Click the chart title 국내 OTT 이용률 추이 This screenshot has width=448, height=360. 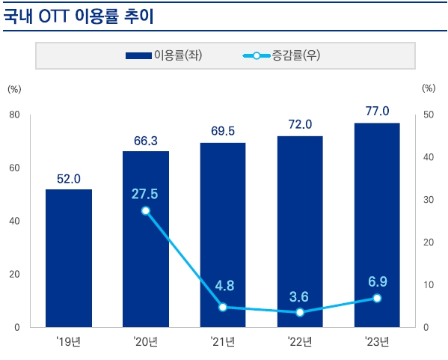[78, 16]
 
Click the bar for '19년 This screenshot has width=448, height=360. [69, 258]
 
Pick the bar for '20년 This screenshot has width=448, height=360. [146, 240]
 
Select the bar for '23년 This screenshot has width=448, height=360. [377, 225]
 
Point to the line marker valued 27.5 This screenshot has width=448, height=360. [146, 210]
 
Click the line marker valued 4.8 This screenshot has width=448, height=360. [223, 307]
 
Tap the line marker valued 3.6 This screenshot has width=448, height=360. [300, 312]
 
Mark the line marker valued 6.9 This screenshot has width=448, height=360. [377, 298]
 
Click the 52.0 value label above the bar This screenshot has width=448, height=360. [69, 179]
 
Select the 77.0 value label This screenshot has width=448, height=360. [377, 111]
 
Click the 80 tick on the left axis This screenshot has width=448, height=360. [14, 115]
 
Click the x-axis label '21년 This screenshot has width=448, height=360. [223, 342]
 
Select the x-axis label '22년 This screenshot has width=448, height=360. [300, 342]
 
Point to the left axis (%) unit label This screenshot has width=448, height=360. [14, 88]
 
